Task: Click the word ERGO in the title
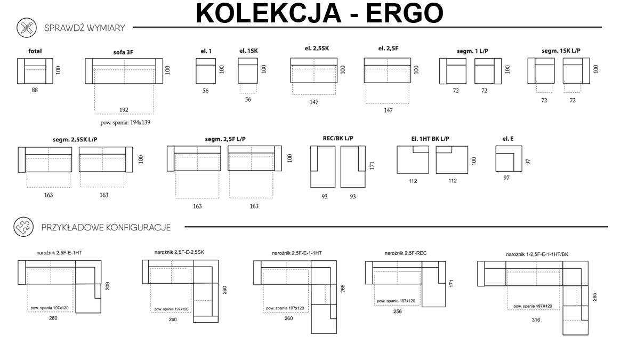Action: click(405, 13)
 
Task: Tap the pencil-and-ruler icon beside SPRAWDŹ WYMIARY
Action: click(27, 28)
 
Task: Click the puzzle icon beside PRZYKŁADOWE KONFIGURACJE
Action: click(23, 227)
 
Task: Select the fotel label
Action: click(35, 51)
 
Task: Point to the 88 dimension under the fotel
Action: click(35, 90)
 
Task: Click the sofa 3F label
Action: click(123, 52)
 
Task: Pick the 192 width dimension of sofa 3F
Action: click(124, 109)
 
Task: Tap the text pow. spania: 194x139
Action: click(125, 123)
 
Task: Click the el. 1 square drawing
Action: click(206, 71)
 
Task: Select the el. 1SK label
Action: click(249, 51)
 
